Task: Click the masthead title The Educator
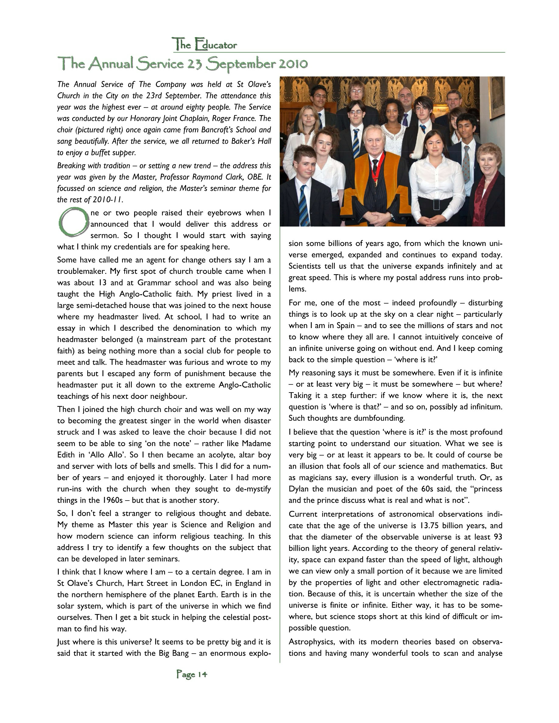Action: click(204, 44)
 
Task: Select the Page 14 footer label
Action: click(192, 674)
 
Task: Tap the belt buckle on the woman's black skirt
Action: click(436, 204)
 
